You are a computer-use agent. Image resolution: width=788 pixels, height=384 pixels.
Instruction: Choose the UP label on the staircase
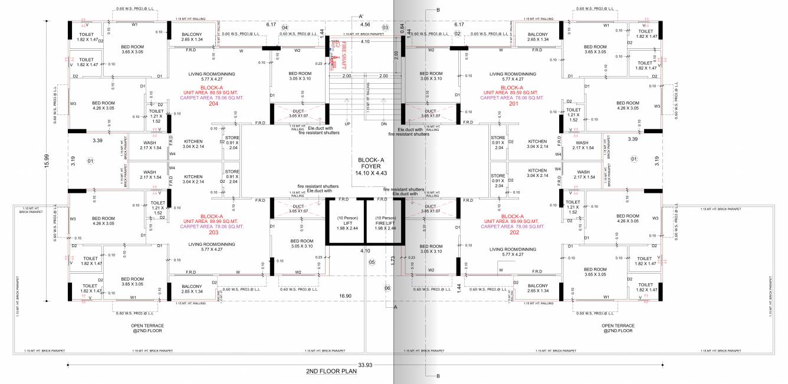pos(347,124)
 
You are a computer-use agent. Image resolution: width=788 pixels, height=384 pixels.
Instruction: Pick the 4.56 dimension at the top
pos(365,25)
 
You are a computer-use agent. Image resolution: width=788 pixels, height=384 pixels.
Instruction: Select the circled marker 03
pos(386,28)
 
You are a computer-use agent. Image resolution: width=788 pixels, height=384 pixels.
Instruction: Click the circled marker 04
pos(284,28)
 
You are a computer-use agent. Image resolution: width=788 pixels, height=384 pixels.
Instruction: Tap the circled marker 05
pos(372,262)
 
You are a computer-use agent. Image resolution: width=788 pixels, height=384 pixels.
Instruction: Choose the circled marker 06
pos(388,288)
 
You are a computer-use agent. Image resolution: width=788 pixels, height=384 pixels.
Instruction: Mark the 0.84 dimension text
pos(402,27)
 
